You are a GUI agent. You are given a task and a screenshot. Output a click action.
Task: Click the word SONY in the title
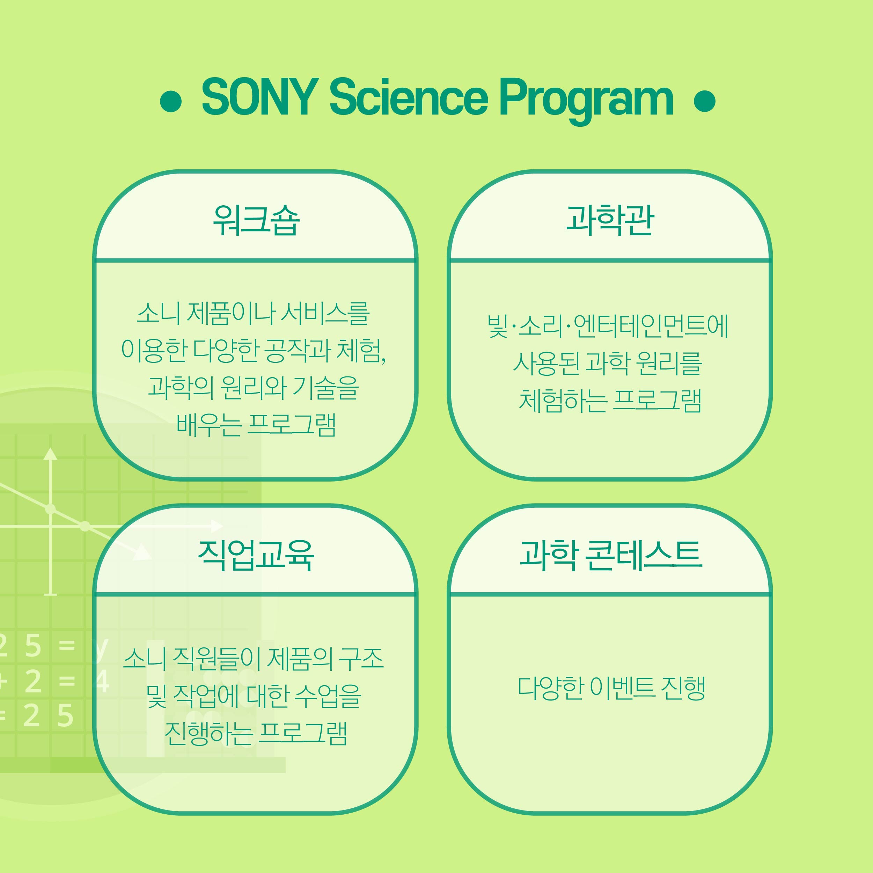pos(260,97)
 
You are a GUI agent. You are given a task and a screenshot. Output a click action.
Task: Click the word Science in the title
pos(409,97)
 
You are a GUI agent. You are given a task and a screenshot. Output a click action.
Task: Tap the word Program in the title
pos(586,100)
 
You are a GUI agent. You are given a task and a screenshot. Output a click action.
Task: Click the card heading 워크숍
pos(256,220)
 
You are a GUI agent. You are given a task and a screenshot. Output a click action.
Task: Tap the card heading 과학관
pos(610,220)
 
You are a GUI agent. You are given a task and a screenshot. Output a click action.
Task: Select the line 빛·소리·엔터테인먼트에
pos(608,326)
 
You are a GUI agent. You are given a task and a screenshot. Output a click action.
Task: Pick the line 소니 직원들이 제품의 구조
pos(254,658)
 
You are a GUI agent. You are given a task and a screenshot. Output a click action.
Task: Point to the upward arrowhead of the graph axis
pos(50,454)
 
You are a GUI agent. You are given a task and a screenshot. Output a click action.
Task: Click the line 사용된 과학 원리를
pos(608,363)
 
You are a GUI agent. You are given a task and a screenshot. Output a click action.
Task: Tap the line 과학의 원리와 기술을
pos(254,387)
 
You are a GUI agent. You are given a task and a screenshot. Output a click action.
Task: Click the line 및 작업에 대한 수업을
pos(254,696)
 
